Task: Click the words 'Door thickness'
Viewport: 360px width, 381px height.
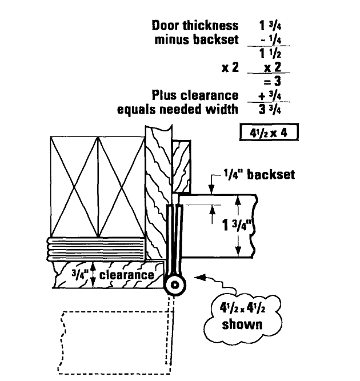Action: pos(194,25)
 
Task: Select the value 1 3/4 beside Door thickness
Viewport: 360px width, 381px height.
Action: pos(270,25)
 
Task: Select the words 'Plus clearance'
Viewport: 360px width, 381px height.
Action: pos(194,95)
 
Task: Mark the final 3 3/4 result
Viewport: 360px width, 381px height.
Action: pos(270,109)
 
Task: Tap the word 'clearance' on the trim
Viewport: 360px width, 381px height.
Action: pos(126,275)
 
